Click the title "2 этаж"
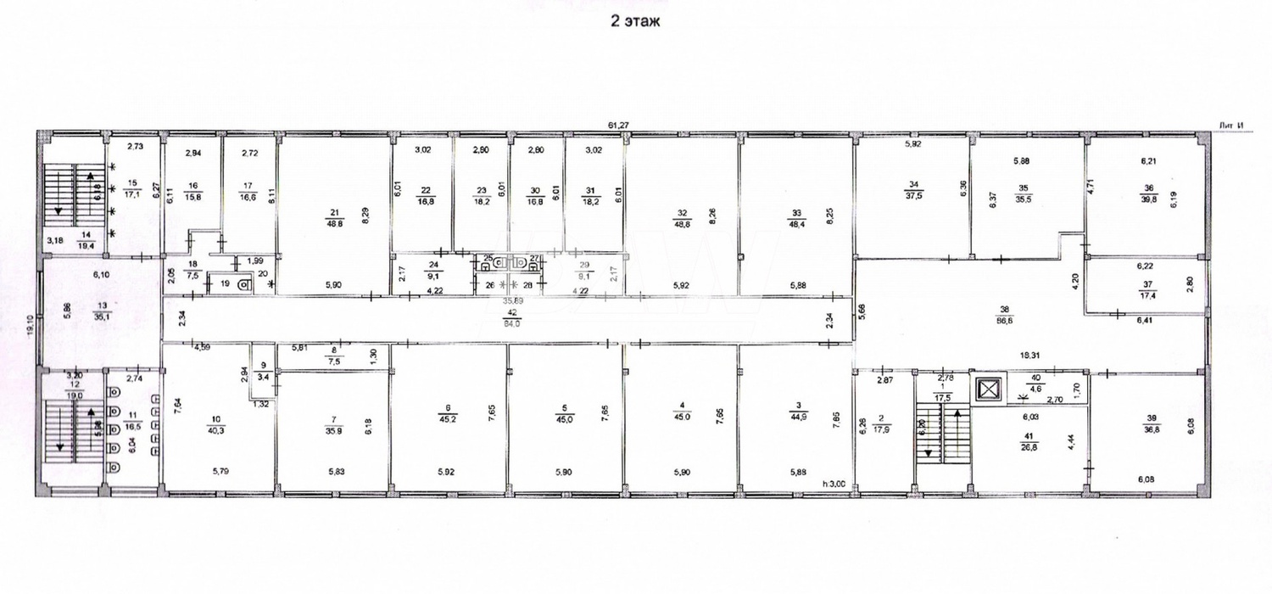636,22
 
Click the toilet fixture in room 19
243,285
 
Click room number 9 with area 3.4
263,365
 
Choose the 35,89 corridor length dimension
512,300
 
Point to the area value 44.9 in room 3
796,417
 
